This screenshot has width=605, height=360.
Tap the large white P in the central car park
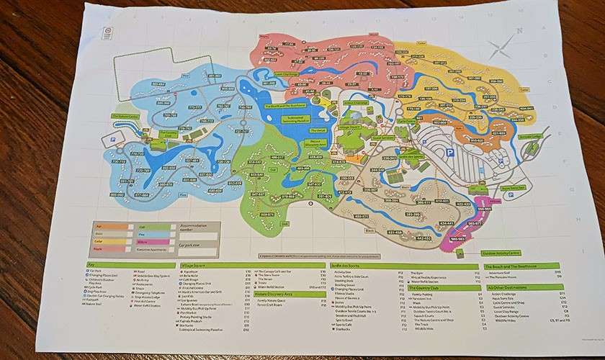pyautogui.click(x=449, y=152)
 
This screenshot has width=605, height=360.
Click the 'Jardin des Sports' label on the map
pyautogui.click(x=411, y=156)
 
